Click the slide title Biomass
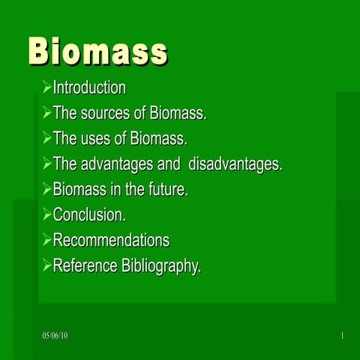coord(97,52)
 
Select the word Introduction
coord(89,88)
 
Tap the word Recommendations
coord(111,241)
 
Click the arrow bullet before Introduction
coord(47,88)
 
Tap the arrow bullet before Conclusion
coord(47,215)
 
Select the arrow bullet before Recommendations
coord(47,241)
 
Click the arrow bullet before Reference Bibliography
coord(47,265)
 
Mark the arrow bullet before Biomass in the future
coord(47,190)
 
